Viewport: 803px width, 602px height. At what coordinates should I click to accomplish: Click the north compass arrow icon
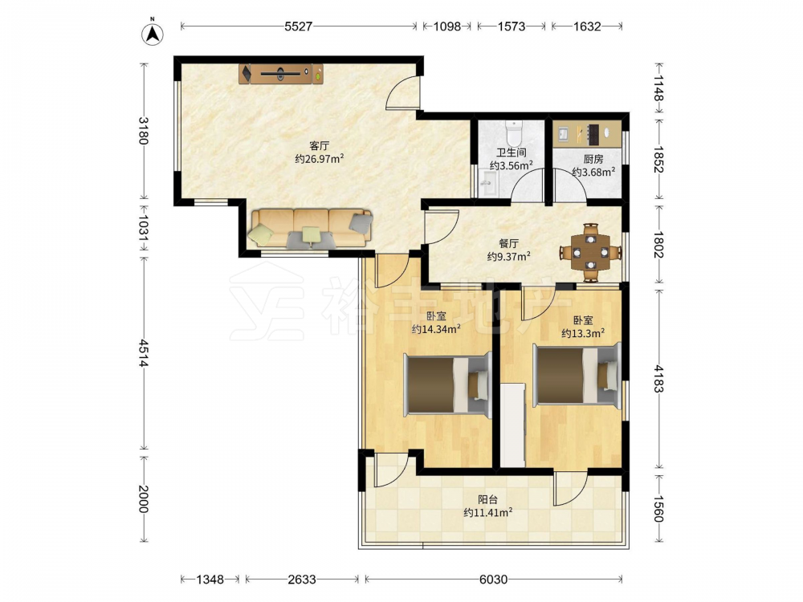pyautogui.click(x=152, y=33)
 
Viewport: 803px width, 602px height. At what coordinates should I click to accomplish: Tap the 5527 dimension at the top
pyautogui.click(x=298, y=26)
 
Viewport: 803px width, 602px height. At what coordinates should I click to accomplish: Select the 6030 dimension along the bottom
pyautogui.click(x=493, y=580)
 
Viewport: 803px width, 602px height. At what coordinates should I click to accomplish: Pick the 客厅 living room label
pyautogui.click(x=319, y=146)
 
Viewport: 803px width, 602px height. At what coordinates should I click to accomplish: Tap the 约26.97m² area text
pyautogui.click(x=319, y=159)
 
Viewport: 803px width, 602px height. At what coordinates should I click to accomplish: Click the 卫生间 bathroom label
pyautogui.click(x=511, y=153)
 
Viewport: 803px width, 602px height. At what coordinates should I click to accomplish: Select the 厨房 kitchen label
pyautogui.click(x=593, y=159)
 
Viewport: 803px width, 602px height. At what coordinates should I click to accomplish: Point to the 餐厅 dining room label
pyautogui.click(x=508, y=244)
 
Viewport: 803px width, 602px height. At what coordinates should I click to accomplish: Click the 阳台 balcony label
pyautogui.click(x=487, y=499)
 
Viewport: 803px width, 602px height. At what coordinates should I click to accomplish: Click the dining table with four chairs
pyautogui.click(x=590, y=252)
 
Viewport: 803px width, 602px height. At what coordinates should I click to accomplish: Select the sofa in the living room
pyautogui.click(x=311, y=228)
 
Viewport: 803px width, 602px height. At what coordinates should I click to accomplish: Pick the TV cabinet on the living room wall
pyautogui.click(x=280, y=74)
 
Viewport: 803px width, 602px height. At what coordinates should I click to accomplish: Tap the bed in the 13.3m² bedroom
pyautogui.click(x=577, y=374)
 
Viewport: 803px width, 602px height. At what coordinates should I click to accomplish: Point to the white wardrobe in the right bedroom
pyautogui.click(x=512, y=425)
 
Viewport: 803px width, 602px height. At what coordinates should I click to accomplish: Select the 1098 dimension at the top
pyautogui.click(x=447, y=26)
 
